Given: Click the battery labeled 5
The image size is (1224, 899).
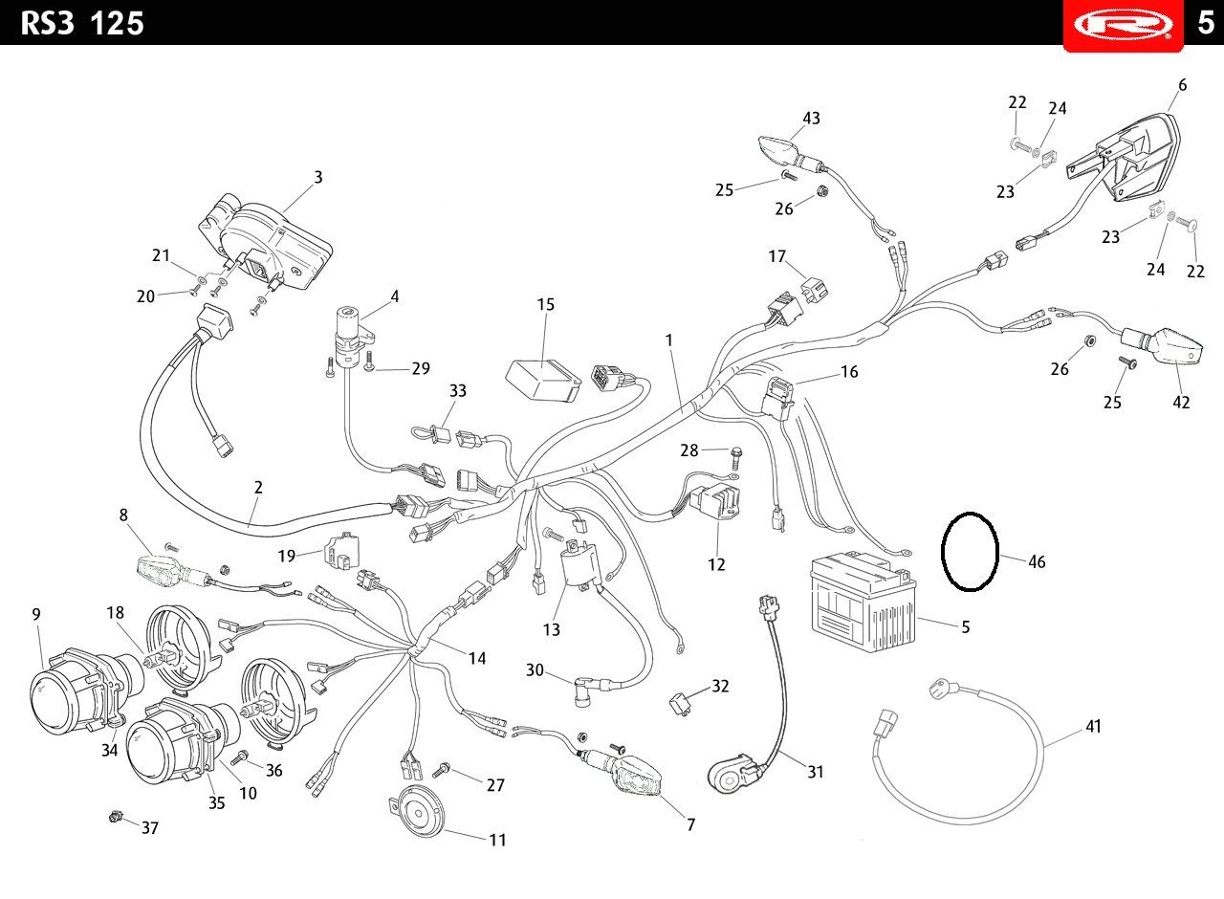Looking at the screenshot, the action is click(863, 602).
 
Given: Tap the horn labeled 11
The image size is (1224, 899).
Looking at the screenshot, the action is click(418, 811).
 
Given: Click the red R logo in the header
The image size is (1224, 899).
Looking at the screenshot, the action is click(1123, 25).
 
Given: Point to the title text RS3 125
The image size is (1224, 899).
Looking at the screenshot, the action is click(82, 24).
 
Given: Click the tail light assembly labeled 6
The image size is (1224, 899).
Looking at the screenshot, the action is click(1122, 158).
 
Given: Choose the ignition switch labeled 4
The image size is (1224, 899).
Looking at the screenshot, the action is click(353, 336).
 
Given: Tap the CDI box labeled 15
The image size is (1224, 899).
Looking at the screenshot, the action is click(542, 380).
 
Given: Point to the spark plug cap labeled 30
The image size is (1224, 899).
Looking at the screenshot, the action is click(584, 691).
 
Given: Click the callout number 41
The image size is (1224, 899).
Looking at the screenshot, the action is click(1093, 726).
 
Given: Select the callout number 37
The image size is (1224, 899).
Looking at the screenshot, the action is click(150, 828).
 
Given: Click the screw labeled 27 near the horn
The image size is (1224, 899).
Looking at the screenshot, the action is click(441, 770).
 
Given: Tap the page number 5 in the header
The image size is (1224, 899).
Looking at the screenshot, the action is click(1206, 23).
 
